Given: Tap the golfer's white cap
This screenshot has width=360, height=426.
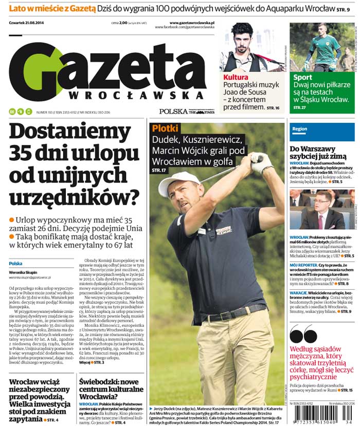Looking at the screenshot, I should click(x=178, y=181).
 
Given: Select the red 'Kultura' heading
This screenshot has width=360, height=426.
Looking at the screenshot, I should click(x=236, y=78).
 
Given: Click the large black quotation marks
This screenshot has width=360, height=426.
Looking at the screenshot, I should click(x=303, y=335).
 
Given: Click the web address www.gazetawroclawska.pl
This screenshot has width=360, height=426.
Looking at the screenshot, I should click(x=192, y=23).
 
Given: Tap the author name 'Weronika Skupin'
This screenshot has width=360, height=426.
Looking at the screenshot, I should click(x=23, y=272).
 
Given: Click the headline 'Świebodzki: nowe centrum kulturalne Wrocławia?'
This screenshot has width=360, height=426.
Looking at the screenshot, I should click(x=111, y=390).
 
